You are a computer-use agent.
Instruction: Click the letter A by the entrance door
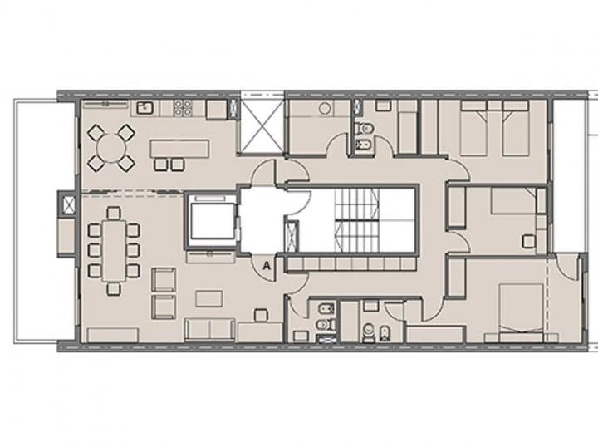click(266, 266)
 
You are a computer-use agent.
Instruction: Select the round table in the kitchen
click(111, 148)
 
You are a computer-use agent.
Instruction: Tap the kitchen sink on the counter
click(143, 108)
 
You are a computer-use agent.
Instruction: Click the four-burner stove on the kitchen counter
click(182, 109)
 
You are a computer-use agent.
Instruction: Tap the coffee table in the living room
click(209, 297)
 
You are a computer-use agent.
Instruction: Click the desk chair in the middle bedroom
click(529, 241)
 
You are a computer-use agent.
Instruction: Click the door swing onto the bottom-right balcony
click(568, 268)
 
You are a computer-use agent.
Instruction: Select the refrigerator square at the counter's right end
click(216, 110)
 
